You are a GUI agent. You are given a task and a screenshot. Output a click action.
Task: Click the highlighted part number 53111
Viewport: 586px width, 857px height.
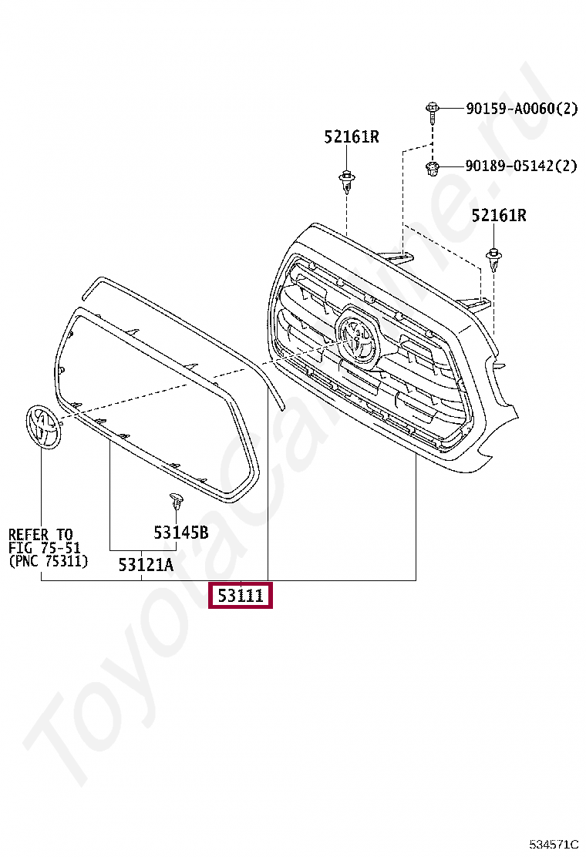[240, 595]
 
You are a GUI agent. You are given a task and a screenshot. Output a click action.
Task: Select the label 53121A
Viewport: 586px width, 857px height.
[146, 564]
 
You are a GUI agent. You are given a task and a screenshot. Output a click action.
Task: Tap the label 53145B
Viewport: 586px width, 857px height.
[181, 533]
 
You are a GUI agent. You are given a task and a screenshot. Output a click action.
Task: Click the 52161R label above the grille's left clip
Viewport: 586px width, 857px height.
[352, 136]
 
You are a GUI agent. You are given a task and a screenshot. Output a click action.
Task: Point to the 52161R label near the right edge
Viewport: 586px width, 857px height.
[499, 215]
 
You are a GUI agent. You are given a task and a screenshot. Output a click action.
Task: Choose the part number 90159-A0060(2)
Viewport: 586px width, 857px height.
[521, 108]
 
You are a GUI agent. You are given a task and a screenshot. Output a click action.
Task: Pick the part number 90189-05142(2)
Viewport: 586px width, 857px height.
[521, 165]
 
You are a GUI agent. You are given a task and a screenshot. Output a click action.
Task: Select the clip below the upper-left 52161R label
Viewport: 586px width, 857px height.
[346, 181]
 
